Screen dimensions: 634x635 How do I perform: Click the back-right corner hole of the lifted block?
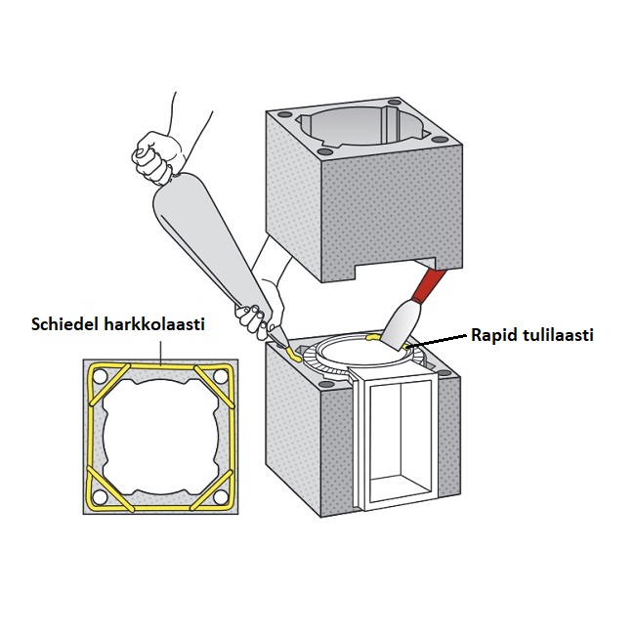coord(394,102)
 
